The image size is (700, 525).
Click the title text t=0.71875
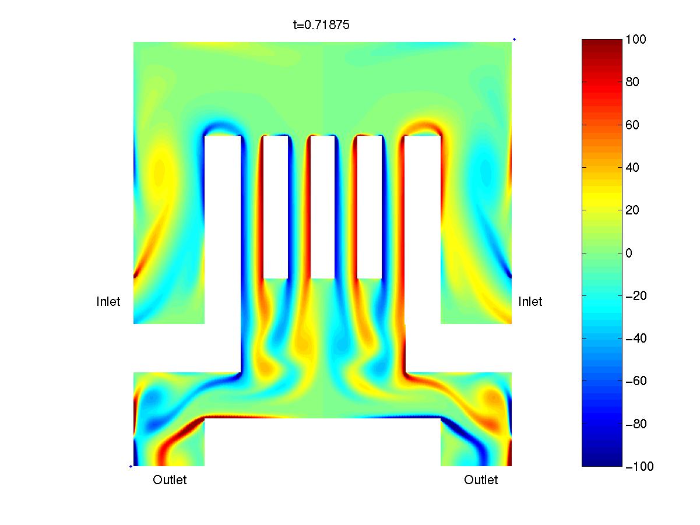click(321, 25)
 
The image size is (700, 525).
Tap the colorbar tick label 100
click(635, 39)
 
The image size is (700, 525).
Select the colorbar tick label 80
click(632, 82)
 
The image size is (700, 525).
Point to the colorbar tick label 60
click(632, 125)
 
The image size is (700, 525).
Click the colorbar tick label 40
click(632, 167)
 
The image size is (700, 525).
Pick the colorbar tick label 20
click(632, 210)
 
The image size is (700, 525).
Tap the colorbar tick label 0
click(628, 253)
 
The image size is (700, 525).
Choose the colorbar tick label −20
click(636, 296)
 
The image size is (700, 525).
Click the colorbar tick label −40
click(636, 338)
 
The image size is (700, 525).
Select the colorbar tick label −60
click(636, 381)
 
